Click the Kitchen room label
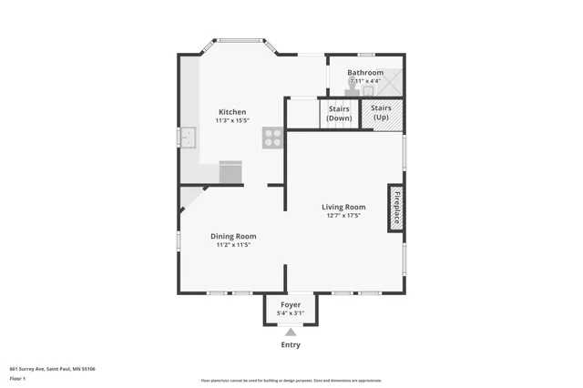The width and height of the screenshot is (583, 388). coord(231,112)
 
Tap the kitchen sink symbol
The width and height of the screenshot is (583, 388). coord(189,138)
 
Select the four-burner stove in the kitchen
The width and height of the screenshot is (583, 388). coord(272,138)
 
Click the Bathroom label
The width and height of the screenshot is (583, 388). coord(366,72)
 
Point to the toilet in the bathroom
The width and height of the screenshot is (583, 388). coord(353,87)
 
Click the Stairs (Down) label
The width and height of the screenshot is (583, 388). coord(339,113)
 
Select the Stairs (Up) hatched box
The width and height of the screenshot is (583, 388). coord(382,113)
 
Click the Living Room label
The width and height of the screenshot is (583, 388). coord(344,207)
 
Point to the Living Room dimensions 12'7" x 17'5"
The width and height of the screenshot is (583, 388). coord(344,216)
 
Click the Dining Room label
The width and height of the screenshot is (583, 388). coord(233,236)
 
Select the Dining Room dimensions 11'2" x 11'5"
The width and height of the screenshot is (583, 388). coord(233,245)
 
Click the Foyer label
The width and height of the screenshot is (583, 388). coord(291,304)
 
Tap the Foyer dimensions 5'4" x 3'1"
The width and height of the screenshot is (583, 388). coord(291,313)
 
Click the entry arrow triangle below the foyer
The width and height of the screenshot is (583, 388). coord(291,332)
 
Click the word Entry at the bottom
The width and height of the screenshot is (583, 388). coord(291,345)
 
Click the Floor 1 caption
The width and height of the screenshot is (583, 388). coord(18,378)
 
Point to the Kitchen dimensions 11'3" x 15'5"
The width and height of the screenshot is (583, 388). coord(231,121)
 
